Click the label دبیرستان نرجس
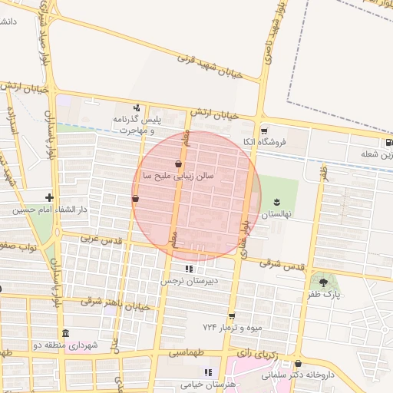click(190, 281)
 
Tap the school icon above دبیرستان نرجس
click(189, 269)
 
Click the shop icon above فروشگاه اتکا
click(264, 130)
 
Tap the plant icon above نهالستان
click(275, 203)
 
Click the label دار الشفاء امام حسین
click(50, 210)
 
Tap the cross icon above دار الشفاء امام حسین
click(50, 197)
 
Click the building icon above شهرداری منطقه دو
click(65, 333)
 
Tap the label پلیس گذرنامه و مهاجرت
click(138, 124)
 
